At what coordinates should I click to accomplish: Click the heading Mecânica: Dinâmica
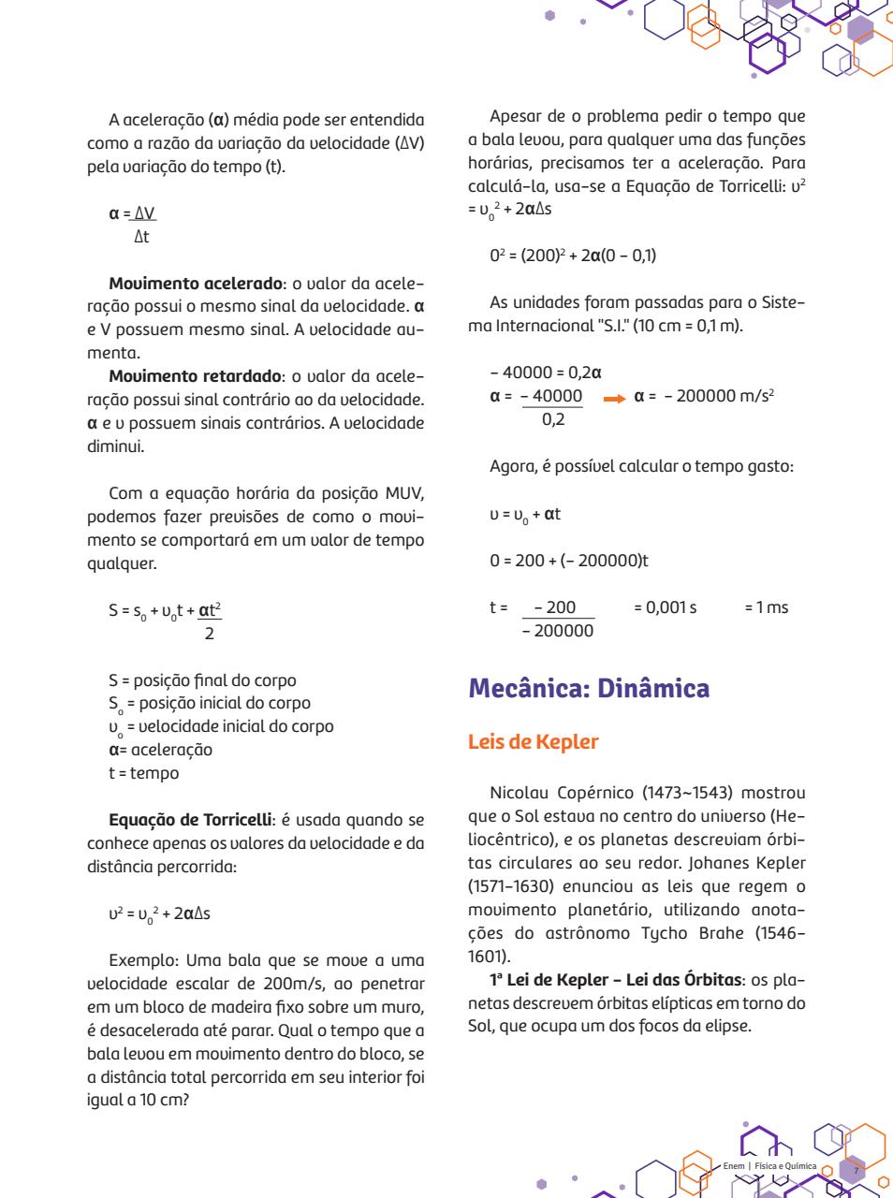click(x=589, y=689)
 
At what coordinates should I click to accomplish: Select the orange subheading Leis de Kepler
click(x=533, y=742)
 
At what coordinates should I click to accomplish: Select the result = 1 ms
click(x=766, y=607)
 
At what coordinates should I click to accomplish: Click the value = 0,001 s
click(x=665, y=607)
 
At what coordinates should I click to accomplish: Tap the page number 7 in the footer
click(x=854, y=1170)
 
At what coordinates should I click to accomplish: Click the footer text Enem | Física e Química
click(x=769, y=1166)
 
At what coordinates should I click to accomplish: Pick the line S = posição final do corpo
click(x=202, y=680)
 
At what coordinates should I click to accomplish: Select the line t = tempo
click(x=143, y=773)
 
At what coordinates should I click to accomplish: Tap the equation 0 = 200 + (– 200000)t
click(x=568, y=561)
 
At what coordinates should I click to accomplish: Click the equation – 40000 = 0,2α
click(x=545, y=373)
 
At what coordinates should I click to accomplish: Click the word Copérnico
click(x=592, y=793)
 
